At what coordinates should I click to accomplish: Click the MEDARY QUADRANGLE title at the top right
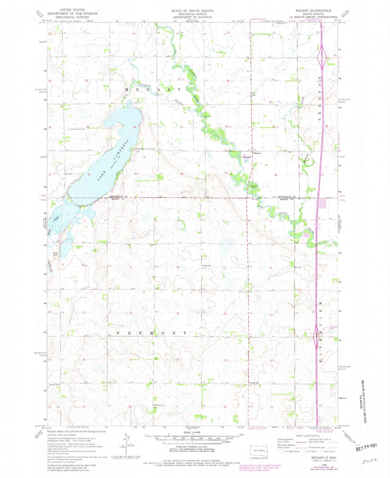[313, 11]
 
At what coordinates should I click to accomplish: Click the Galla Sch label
[207, 266]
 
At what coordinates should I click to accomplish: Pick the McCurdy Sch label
[159, 405]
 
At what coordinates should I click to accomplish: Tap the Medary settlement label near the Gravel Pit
[257, 153]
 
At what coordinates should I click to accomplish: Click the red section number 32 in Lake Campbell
[89, 175]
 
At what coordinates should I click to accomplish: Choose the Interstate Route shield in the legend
[282, 451]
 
